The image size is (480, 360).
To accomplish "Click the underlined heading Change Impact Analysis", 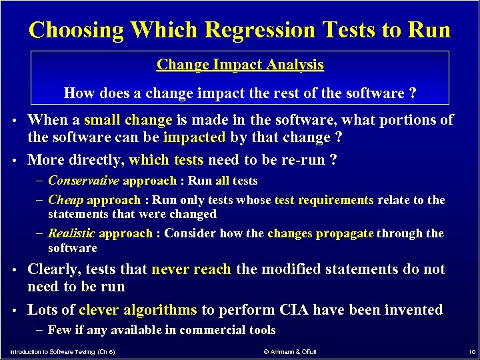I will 240,65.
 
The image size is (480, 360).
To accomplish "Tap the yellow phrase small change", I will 138,120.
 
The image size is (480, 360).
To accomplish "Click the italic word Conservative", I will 84,181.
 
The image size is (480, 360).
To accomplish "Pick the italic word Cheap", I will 65,200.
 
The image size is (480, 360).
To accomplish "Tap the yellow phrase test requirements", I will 325,200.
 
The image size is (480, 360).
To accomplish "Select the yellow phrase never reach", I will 191,269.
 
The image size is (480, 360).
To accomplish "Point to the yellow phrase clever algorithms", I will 138,309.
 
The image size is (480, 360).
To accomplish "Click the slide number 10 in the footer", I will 471,351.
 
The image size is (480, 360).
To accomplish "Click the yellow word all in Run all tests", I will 222,181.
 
